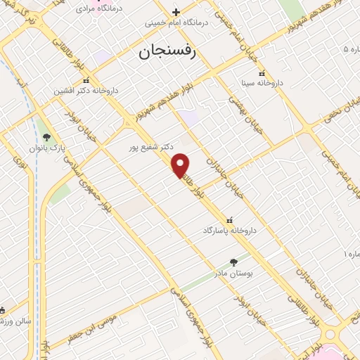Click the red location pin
181,165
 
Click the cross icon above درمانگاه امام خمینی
176,12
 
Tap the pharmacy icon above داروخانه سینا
262,73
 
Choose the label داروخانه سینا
262,83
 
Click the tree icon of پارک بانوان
46,137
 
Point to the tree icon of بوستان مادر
233,262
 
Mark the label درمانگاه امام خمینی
176,22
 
